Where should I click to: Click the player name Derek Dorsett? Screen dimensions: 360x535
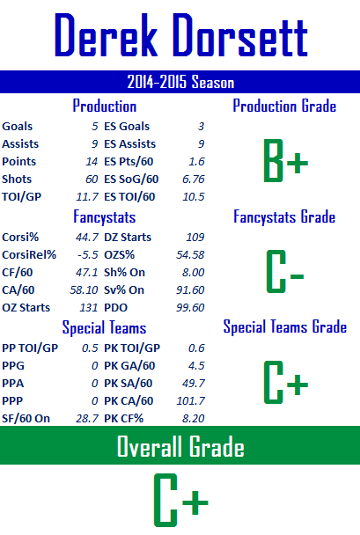point(181,35)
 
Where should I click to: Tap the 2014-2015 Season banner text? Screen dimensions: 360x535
point(180,82)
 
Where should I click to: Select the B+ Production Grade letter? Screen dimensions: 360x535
point(286,160)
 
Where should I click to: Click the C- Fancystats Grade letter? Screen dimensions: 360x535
point(285,271)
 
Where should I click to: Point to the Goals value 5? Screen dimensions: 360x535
point(95,127)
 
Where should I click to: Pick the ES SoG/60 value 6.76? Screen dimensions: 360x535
point(194,180)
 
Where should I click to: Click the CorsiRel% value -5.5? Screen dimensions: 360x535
point(88,255)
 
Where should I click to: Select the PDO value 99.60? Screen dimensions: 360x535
point(190,308)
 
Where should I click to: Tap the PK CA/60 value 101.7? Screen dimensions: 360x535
point(191,401)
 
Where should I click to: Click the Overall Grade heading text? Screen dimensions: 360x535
point(180,446)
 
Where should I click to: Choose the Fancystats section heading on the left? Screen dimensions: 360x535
point(105,217)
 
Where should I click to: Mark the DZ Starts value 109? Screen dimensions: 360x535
point(195,237)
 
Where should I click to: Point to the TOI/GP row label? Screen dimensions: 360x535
point(21,197)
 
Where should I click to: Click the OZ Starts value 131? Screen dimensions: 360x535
point(89,308)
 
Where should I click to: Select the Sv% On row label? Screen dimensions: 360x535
point(124,290)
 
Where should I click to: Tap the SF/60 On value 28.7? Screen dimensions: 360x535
point(87,419)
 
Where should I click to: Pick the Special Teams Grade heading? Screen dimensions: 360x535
point(285,326)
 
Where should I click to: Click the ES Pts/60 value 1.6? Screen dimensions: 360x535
point(196,162)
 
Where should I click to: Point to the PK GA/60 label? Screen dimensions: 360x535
point(129,366)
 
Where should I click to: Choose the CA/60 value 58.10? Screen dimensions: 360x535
point(84,290)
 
